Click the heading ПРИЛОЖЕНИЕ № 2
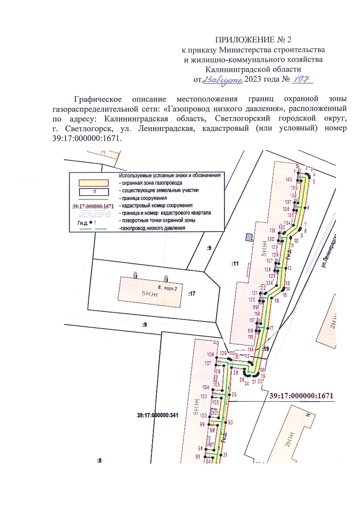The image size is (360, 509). pyautogui.click(x=253, y=40)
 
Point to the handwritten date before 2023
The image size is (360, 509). pyautogui.click(x=223, y=80)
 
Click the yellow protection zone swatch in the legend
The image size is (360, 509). pyautogui.click(x=93, y=183)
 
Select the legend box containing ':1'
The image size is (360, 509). pyautogui.click(x=94, y=192)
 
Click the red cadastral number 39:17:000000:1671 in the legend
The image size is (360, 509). pyautogui.click(x=93, y=206)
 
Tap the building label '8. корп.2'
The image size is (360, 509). pyautogui.click(x=167, y=288)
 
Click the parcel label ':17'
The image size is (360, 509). pyautogui.click(x=192, y=294)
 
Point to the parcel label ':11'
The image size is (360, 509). pyautogui.click(x=235, y=264)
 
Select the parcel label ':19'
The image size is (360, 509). pyautogui.click(x=266, y=349)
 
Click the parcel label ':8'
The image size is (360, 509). pyautogui.click(x=99, y=460)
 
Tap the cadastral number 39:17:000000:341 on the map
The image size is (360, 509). pyautogui.click(x=157, y=415)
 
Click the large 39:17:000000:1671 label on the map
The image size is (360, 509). pyautogui.click(x=301, y=396)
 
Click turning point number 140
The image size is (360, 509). pyautogui.click(x=289, y=179)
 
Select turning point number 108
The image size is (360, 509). pyautogui.click(x=210, y=355)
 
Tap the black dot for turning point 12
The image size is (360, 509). pyautogui.click(x=286, y=268)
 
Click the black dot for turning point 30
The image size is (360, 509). pyautogui.click(x=226, y=422)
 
